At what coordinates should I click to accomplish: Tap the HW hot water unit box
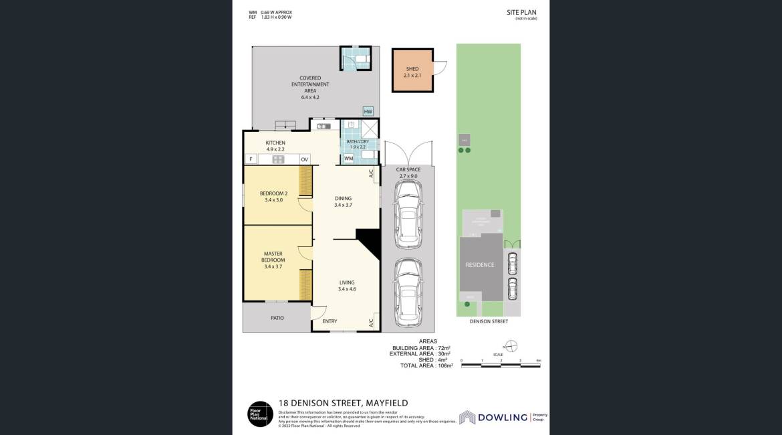pyautogui.click(x=368, y=112)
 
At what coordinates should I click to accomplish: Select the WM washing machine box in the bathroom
pyautogui.click(x=349, y=159)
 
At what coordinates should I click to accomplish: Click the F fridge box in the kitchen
pyautogui.click(x=250, y=159)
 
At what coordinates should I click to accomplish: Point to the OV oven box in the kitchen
pyautogui.click(x=304, y=159)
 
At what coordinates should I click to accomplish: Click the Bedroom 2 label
pyautogui.click(x=273, y=197)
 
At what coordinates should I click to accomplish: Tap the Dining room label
pyautogui.click(x=343, y=201)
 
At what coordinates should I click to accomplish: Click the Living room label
pyautogui.click(x=346, y=286)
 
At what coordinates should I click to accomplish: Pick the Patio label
pyautogui.click(x=277, y=319)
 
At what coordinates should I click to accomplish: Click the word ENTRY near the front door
pyautogui.click(x=330, y=322)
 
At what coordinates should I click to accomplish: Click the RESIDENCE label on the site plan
pyautogui.click(x=480, y=265)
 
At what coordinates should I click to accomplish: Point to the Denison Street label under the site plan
pyautogui.click(x=489, y=322)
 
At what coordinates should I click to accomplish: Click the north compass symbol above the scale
pyautogui.click(x=511, y=345)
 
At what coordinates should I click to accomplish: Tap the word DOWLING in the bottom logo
pyautogui.click(x=501, y=416)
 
